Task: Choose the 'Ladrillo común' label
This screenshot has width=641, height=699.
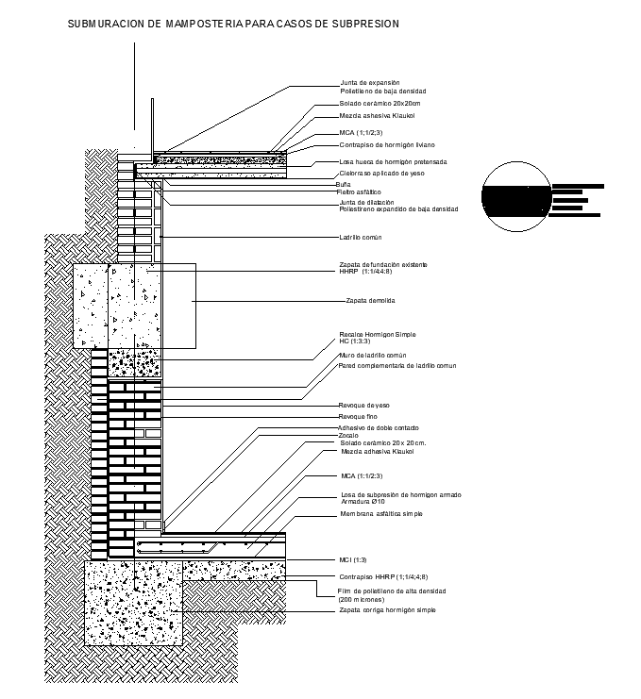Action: coord(362,238)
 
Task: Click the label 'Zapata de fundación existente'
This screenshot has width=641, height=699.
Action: coord(383,264)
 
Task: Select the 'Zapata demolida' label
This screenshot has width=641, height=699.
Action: coord(370,301)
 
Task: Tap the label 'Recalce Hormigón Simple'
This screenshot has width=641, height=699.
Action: coord(377,334)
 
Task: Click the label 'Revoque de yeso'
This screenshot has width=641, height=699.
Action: coord(364,405)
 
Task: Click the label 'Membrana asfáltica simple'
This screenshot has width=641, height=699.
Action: coord(381,514)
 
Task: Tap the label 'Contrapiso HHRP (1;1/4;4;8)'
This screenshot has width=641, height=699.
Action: coord(383,576)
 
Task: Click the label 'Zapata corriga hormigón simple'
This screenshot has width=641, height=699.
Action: coord(387,610)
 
